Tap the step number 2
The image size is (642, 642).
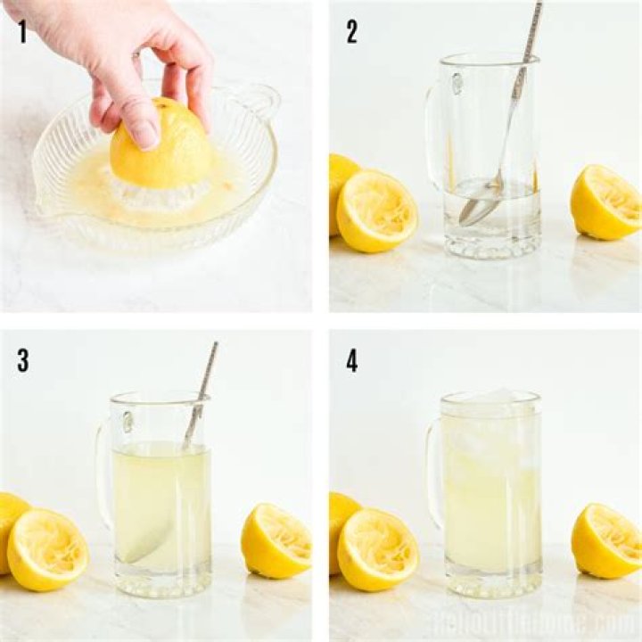click(x=352, y=32)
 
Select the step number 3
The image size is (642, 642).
click(x=22, y=361)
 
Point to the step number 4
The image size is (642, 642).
click(x=352, y=361)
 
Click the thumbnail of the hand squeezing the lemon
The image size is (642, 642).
click(x=156, y=156)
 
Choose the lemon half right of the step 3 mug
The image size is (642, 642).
click(x=276, y=539)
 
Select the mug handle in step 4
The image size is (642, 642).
click(x=434, y=473)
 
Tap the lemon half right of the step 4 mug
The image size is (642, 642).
click(x=605, y=539)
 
